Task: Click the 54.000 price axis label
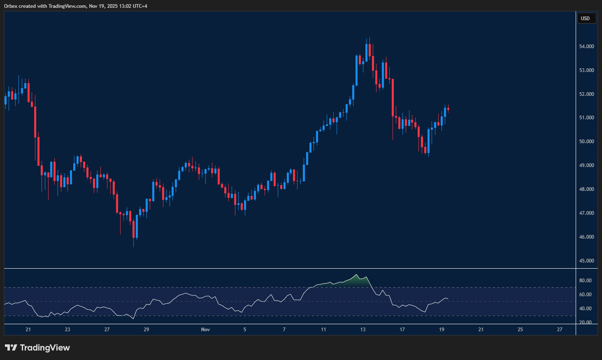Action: (586, 46)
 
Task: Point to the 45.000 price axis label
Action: (586, 261)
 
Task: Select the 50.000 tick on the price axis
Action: (586, 142)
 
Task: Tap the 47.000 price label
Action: (586, 213)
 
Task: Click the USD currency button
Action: (586, 19)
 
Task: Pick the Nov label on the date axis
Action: (205, 330)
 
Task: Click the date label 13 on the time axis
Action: (363, 330)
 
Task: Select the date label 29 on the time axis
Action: (146, 330)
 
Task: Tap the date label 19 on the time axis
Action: (442, 330)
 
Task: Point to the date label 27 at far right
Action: (560, 330)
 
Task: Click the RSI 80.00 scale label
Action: (585, 281)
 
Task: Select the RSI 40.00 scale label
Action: (585, 309)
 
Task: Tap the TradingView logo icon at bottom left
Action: (11, 348)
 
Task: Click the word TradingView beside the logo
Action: (45, 348)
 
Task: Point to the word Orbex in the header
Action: (11, 6)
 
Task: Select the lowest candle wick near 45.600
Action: (133, 243)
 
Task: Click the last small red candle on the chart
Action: (448, 109)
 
